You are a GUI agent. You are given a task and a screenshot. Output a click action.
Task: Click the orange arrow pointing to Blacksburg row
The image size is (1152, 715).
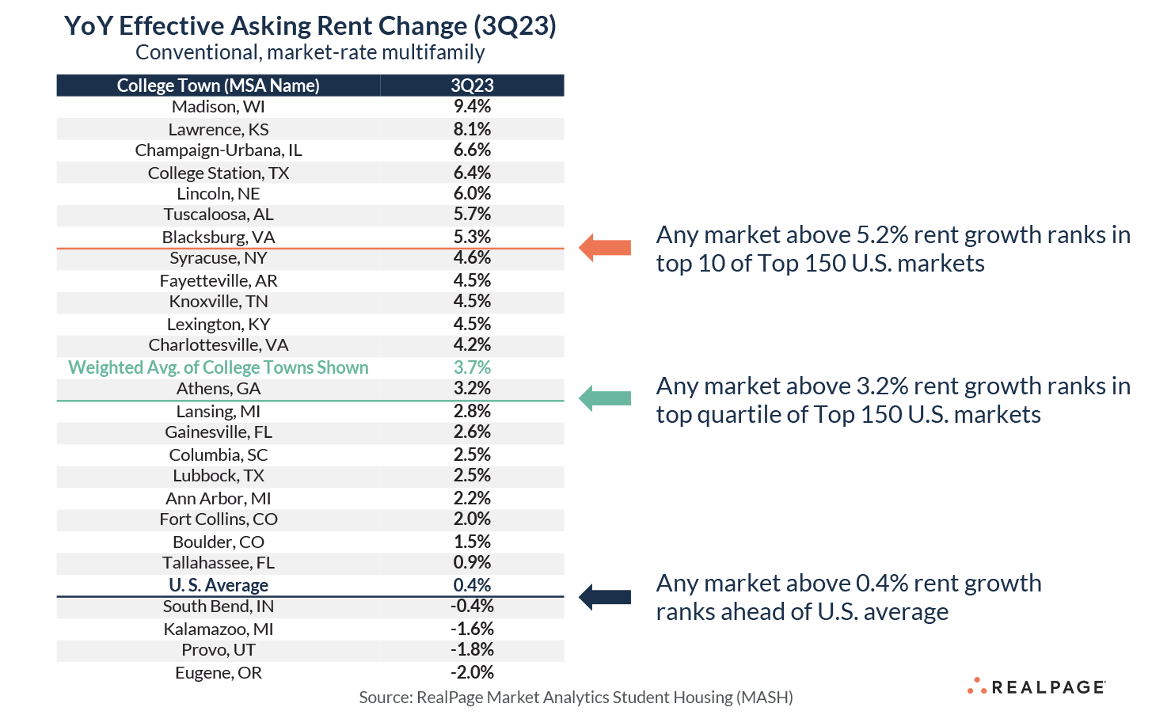pyautogui.click(x=605, y=247)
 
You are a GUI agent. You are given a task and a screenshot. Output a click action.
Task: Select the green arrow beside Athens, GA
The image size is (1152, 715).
pyautogui.click(x=605, y=397)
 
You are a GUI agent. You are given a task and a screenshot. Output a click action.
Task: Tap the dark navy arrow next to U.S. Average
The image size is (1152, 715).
pyautogui.click(x=605, y=596)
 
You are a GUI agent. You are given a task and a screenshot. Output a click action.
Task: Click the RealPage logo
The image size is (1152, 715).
pyautogui.click(x=1036, y=686)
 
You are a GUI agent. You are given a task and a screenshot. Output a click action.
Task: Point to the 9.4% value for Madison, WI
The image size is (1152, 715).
pyautogui.click(x=472, y=107)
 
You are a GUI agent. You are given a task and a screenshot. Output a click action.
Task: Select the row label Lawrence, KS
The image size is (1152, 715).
pyautogui.click(x=219, y=129)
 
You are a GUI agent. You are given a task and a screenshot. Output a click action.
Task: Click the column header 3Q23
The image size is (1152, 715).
pyautogui.click(x=472, y=86)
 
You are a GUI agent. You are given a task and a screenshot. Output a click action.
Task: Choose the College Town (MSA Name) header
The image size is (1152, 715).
pyautogui.click(x=219, y=86)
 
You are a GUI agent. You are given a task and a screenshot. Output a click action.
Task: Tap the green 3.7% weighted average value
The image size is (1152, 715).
pyautogui.click(x=472, y=367)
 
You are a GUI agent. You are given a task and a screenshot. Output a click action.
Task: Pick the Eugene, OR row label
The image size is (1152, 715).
pyautogui.click(x=219, y=672)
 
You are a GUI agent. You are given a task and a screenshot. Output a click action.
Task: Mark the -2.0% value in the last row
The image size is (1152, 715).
pyautogui.click(x=472, y=672)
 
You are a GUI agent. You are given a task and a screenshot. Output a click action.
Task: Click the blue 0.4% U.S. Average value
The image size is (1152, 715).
pyautogui.click(x=472, y=585)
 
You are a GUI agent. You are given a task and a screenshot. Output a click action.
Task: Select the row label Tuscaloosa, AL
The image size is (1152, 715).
pyautogui.click(x=219, y=215)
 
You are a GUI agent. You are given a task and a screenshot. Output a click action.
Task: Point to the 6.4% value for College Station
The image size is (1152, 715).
pyautogui.click(x=472, y=173)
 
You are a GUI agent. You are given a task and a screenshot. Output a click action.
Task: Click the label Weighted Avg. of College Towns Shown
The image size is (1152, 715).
pyautogui.click(x=219, y=367)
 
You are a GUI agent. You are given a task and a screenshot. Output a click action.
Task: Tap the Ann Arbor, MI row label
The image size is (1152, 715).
pyautogui.click(x=219, y=498)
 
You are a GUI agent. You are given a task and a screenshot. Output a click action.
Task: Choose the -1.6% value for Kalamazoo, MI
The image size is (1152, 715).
pyautogui.click(x=472, y=629)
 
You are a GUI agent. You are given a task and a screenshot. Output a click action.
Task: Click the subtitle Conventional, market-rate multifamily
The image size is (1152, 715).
pyautogui.click(x=310, y=52)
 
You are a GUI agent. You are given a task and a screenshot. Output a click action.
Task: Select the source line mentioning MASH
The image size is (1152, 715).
pyautogui.click(x=576, y=697)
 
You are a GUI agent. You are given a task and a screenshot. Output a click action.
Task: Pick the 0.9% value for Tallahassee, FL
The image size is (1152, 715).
pyautogui.click(x=472, y=563)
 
